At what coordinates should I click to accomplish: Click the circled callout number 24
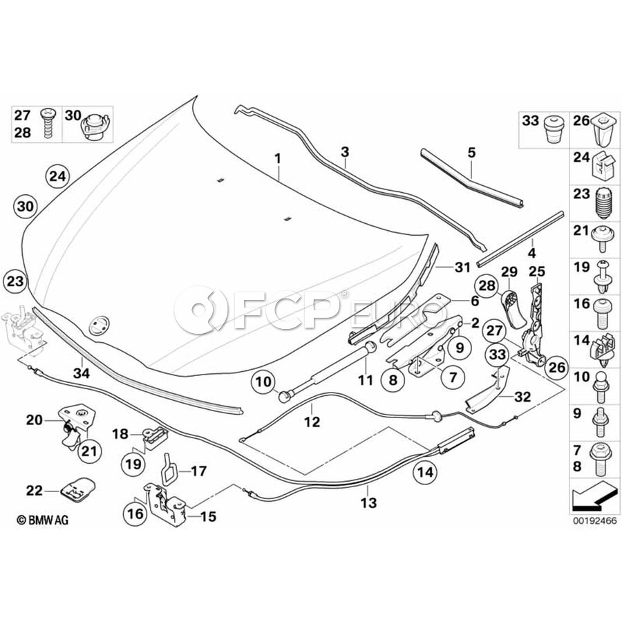pos(57,176)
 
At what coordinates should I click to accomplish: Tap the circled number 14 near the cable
pos(424,472)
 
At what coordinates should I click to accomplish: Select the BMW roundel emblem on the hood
pos(97,326)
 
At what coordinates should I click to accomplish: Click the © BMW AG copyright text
pos(42,520)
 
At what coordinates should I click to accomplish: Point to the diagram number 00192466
pos(594,520)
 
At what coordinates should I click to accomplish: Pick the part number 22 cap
pos(78,489)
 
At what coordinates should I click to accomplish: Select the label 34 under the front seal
pos(82,373)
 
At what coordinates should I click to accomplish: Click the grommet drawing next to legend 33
pos(554,129)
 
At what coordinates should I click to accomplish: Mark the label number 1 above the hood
pos(278,159)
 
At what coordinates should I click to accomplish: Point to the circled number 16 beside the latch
pos(135,513)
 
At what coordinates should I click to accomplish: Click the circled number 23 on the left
pos(15,281)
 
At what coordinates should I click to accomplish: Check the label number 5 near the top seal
pos(471,152)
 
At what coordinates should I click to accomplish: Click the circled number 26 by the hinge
pos(556,367)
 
